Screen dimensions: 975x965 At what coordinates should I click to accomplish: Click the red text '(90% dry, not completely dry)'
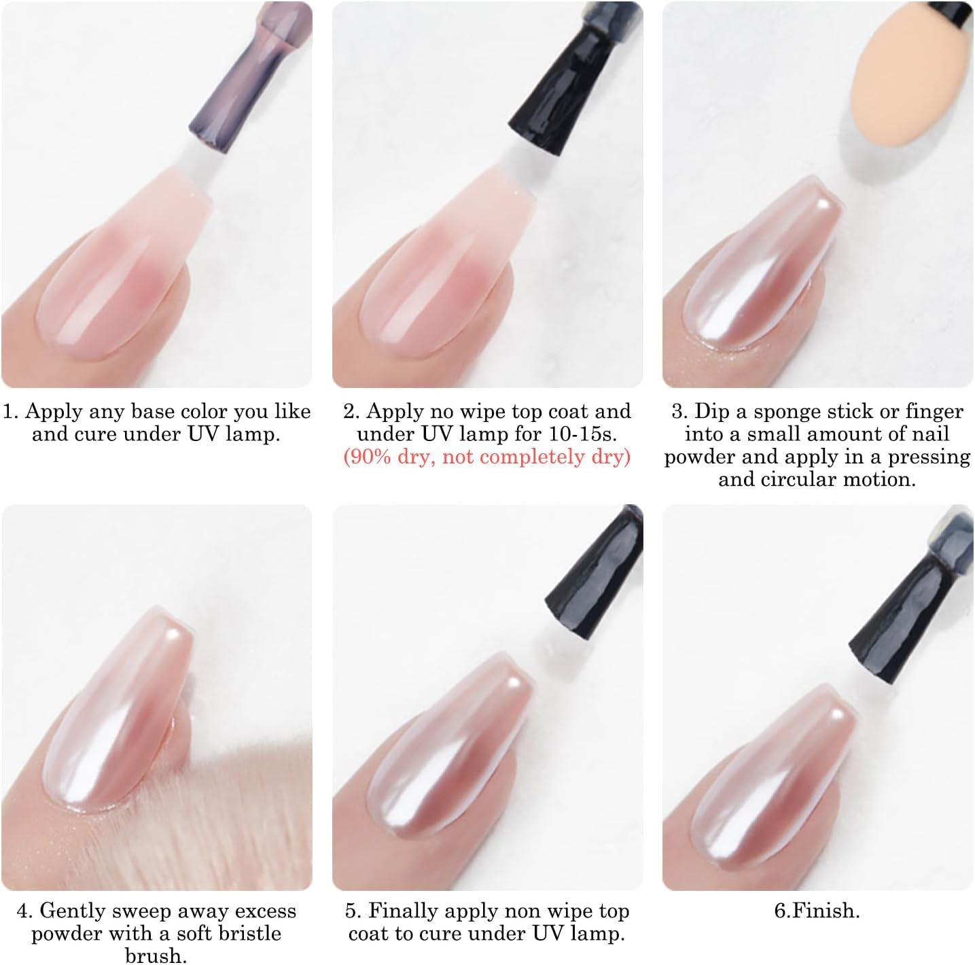point(486,457)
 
